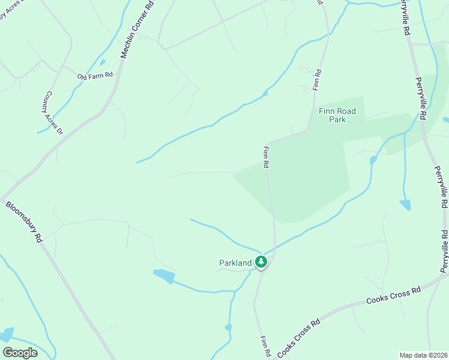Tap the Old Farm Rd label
(x=95, y=76)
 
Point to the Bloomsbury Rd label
(x=25, y=221)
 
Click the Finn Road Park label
(x=337, y=115)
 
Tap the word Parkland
(x=235, y=263)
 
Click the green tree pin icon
(x=261, y=262)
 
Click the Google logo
(x=20, y=353)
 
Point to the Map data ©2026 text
(x=423, y=355)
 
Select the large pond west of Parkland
(x=163, y=275)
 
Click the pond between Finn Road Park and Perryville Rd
(x=405, y=205)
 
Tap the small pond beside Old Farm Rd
(x=103, y=61)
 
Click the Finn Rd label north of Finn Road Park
(x=318, y=80)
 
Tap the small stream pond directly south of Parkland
(x=228, y=327)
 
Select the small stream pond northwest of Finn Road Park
(x=265, y=94)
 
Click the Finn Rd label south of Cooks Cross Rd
(x=264, y=346)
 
